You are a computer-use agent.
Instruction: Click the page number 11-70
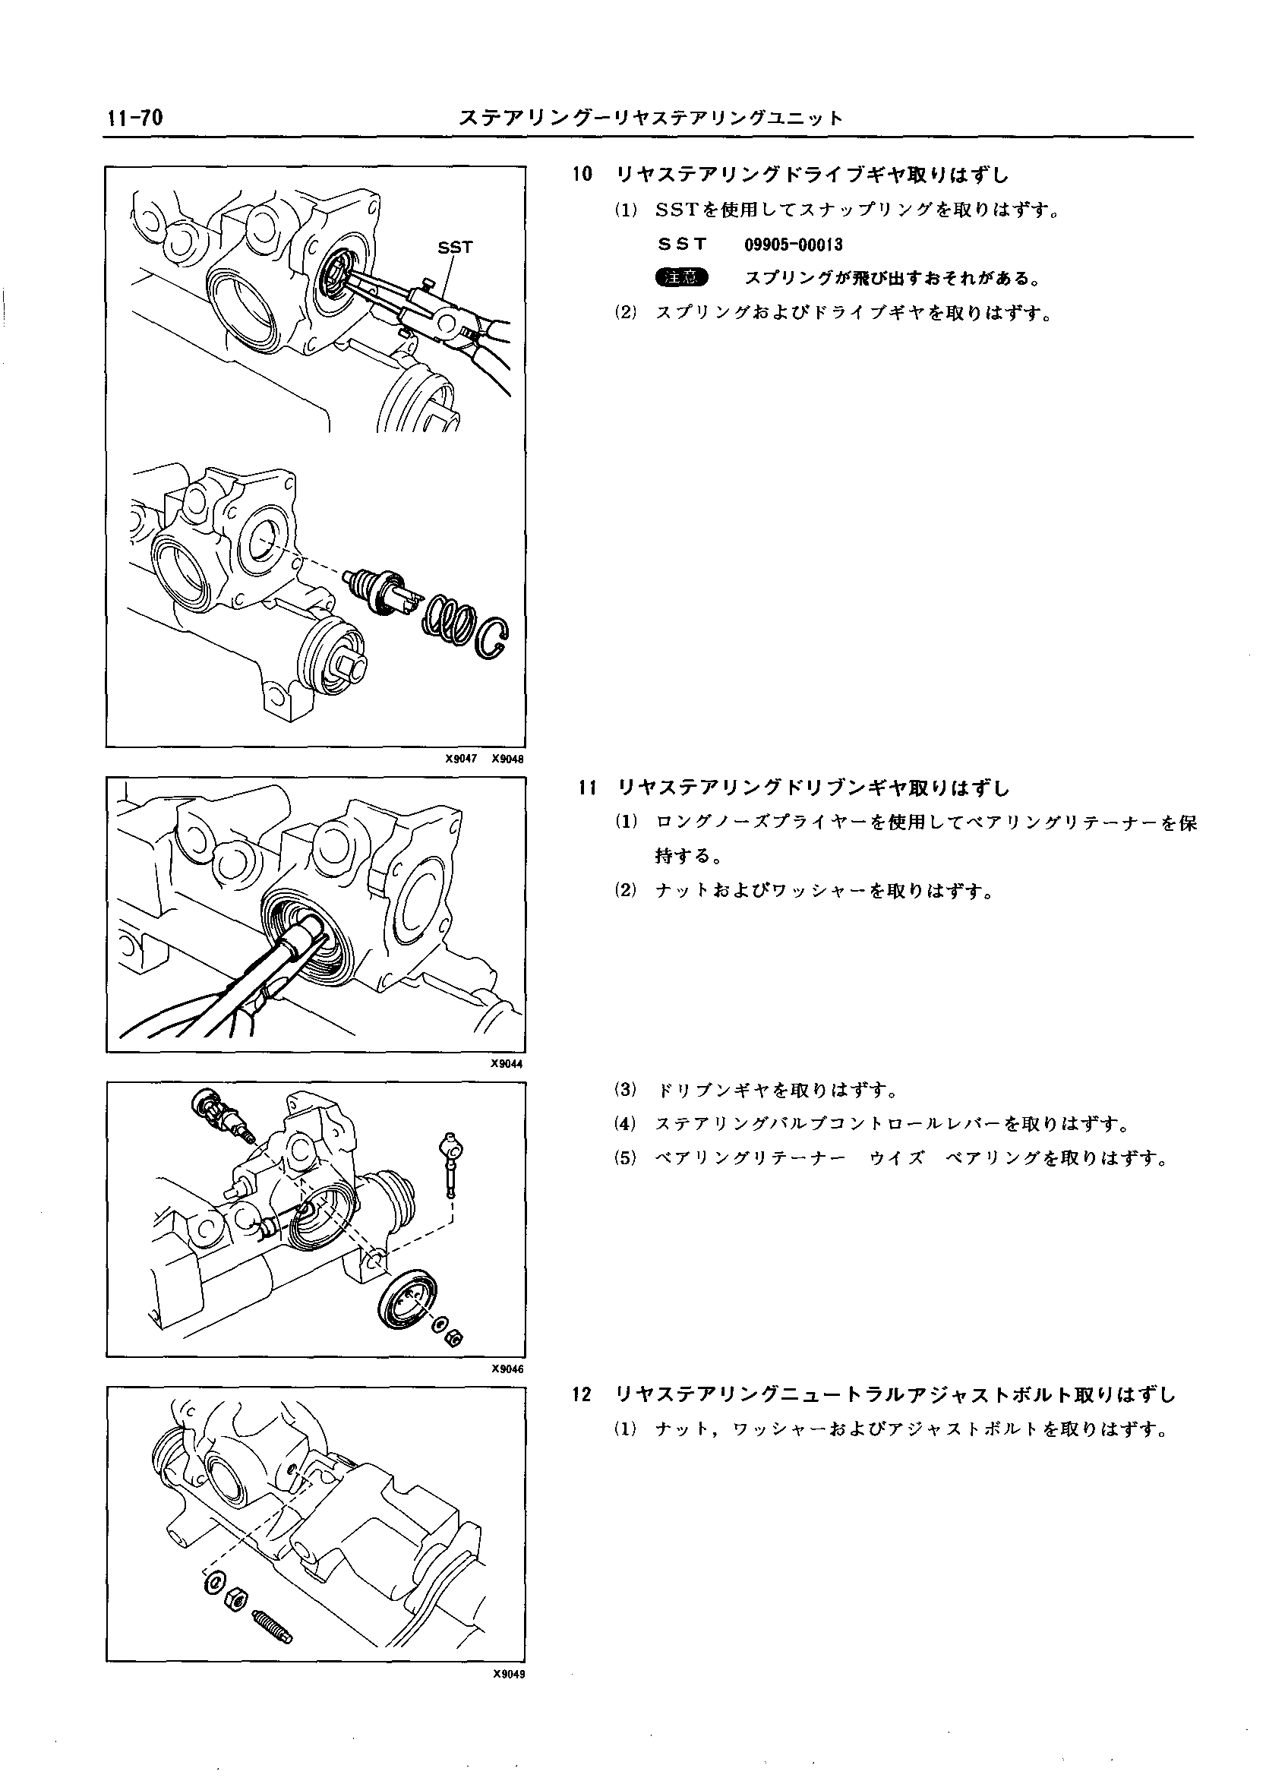pyautogui.click(x=135, y=118)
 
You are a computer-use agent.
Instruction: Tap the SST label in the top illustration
pyautogui.click(x=455, y=248)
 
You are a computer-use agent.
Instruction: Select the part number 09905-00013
pyautogui.click(x=794, y=245)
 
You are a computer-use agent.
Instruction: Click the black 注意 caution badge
pyautogui.click(x=681, y=277)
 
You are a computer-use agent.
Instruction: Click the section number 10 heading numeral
pyautogui.click(x=582, y=174)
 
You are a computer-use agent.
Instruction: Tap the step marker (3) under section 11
pyautogui.click(x=626, y=1091)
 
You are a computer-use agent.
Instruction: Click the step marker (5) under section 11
pyautogui.click(x=626, y=1158)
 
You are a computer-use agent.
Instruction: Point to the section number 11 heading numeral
pyautogui.click(x=583, y=787)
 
